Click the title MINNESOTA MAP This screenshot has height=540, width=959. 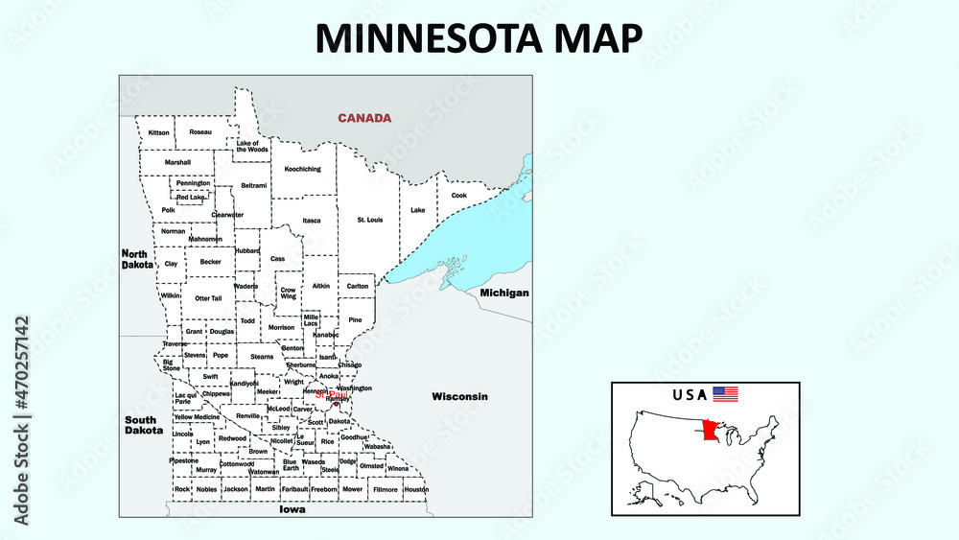[x=479, y=36]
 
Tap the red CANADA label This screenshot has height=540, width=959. [x=363, y=118]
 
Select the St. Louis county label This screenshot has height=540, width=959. [x=370, y=220]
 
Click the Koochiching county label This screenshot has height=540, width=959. [x=303, y=169]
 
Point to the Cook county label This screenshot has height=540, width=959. [x=459, y=195]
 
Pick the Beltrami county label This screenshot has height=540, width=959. [x=254, y=185]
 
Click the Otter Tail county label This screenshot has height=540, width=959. [x=208, y=298]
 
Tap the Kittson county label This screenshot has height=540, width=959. [x=159, y=131]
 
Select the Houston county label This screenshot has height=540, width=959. [x=416, y=489]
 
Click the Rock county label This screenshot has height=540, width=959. [x=182, y=489]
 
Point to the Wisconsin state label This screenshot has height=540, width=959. [x=459, y=396]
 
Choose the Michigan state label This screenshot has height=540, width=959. [x=504, y=292]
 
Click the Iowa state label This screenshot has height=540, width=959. [x=292, y=510]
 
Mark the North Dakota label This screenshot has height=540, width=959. [x=136, y=259]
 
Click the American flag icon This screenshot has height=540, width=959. [x=725, y=394]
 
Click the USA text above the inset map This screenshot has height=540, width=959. [x=690, y=394]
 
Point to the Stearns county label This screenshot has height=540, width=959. [x=262, y=356]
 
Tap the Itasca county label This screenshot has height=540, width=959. [x=312, y=220]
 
